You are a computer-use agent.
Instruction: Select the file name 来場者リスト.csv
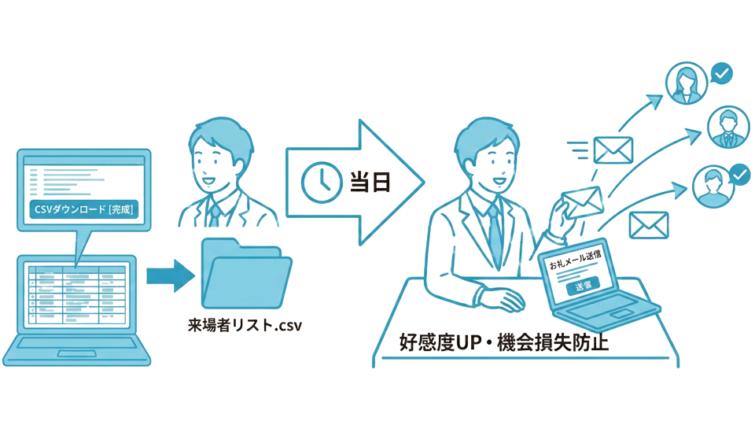coord(245,324)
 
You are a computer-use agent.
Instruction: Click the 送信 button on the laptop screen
coord(583,285)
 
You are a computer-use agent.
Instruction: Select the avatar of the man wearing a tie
coord(727,127)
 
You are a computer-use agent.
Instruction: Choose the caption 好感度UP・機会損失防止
coord(503,344)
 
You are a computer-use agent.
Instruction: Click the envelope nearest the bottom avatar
coord(648,226)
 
